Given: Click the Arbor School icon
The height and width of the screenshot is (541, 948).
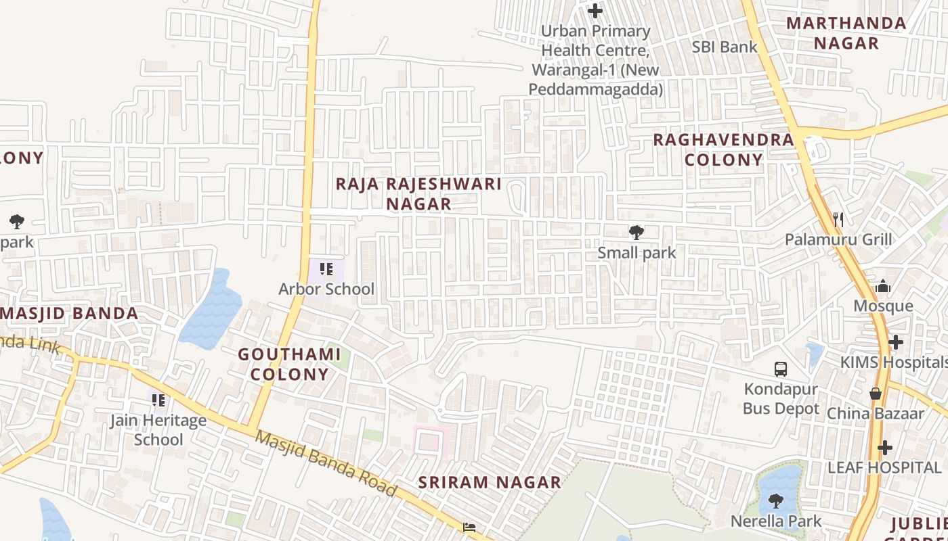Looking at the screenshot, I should click(x=326, y=269).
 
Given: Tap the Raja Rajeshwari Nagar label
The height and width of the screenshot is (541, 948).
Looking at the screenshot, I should click(x=418, y=194).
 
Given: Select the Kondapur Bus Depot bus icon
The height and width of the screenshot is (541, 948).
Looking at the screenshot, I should click(x=781, y=369).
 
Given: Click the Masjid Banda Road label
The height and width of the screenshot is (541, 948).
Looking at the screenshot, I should click(x=325, y=464).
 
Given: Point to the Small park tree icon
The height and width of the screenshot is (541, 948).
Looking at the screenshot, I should click(x=636, y=233).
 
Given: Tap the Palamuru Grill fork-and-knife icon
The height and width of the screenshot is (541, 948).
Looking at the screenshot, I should click(x=838, y=219).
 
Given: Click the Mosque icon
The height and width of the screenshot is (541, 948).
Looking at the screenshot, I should click(x=882, y=287).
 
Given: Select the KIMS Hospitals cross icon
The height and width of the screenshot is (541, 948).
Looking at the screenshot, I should click(x=896, y=342).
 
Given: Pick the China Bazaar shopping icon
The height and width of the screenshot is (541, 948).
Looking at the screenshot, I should click(x=876, y=394).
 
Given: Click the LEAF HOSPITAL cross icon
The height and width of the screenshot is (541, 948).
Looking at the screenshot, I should click(x=885, y=448).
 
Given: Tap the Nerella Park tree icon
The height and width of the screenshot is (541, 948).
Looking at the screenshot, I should click(x=775, y=502).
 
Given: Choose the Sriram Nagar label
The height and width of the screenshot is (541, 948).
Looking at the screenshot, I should click(x=490, y=482).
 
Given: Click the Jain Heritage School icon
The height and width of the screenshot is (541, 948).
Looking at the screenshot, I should click(x=158, y=400).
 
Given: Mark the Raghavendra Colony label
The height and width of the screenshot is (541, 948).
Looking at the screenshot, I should click(x=723, y=150).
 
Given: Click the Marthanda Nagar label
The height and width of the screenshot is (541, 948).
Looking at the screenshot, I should click(x=846, y=33).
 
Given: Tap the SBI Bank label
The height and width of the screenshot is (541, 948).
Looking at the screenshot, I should click(x=725, y=47).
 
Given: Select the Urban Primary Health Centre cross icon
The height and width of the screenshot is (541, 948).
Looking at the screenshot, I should click(x=595, y=11).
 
